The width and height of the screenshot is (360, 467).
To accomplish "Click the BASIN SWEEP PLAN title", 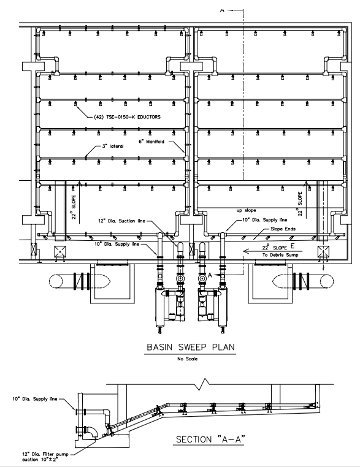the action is (191, 347).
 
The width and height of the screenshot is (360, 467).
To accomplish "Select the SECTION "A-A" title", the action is (210, 439).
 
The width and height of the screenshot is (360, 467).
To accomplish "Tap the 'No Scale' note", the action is (188, 359).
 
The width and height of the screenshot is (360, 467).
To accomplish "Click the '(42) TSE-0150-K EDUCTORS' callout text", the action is (127, 117).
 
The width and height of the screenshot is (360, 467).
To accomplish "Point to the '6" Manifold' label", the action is (151, 142).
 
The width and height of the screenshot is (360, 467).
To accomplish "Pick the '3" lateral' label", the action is (113, 146).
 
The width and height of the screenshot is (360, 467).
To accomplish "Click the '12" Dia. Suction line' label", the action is (122, 221).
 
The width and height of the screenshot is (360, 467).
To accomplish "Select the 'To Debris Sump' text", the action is (280, 255).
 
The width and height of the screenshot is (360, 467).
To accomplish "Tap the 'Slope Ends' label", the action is (283, 229).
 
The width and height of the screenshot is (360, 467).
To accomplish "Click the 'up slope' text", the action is (246, 210).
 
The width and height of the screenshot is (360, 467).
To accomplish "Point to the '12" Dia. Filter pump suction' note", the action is (45, 457).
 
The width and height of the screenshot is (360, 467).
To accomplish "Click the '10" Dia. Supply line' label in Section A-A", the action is (35, 399).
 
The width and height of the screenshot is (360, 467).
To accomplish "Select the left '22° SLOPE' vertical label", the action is (74, 207).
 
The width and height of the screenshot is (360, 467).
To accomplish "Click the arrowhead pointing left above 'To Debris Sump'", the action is (246, 251).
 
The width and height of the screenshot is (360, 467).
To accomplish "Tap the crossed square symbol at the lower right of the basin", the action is (323, 252).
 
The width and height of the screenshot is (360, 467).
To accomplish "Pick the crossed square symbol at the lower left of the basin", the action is (60, 252).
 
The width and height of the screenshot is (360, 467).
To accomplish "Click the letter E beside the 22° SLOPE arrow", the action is (293, 246).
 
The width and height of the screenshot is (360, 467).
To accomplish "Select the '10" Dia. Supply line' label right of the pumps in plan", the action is (265, 220).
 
